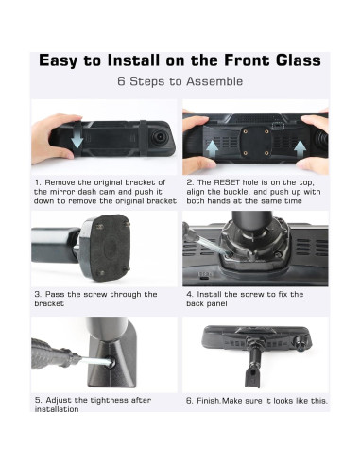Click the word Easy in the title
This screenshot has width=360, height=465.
tap(59, 60)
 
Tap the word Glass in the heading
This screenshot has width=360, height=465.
tap(299, 60)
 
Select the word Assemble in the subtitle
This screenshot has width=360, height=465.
tap(214, 81)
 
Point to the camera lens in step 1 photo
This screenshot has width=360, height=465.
tap(160, 137)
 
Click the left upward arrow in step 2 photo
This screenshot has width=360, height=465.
tap(213, 148)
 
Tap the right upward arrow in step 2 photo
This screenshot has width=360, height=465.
tap(300, 148)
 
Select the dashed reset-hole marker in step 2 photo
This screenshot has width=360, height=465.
tap(277, 126)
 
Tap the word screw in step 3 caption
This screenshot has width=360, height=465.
tap(95, 294)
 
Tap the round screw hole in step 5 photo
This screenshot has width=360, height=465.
tap(110, 362)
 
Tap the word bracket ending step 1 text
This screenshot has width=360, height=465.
tap(162, 201)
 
